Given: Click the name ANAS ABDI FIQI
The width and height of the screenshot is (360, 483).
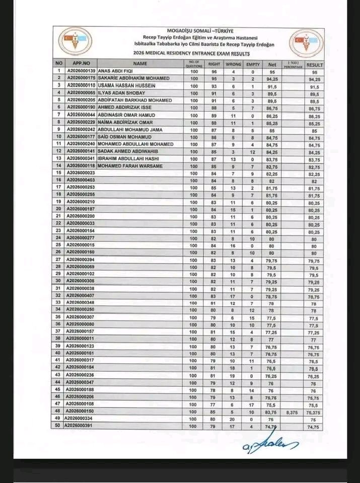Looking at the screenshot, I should pos(114,71).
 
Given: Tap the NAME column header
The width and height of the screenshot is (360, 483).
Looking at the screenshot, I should pos(140,63).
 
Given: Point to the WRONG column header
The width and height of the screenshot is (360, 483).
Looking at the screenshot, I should pos(233,64).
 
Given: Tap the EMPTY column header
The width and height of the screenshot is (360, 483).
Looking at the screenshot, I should pos(253,64).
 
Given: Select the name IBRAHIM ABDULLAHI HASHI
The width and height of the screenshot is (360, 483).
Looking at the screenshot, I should pos(128,158).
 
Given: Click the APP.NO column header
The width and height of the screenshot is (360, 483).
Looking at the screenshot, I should pos(81,63).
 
